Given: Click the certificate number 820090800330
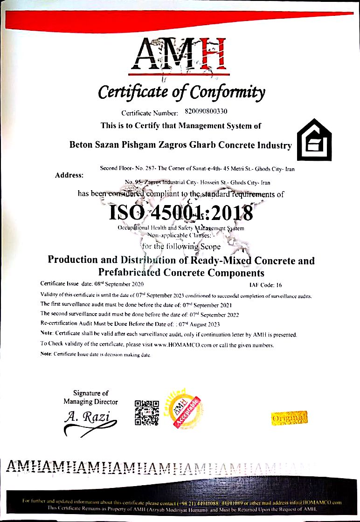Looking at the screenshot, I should click(x=206, y=112).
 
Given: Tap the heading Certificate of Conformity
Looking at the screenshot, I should click(x=181, y=92).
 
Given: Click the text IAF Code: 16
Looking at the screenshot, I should click(x=265, y=284).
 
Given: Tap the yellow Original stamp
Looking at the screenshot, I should click(x=289, y=417).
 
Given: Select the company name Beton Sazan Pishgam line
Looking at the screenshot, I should click(x=180, y=145).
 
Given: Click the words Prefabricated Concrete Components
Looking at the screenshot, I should click(x=181, y=273).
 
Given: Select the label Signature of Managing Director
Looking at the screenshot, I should click(x=91, y=398).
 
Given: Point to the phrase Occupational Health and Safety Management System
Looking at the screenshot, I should click(x=181, y=228).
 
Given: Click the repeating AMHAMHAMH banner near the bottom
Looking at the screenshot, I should click(x=154, y=466).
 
